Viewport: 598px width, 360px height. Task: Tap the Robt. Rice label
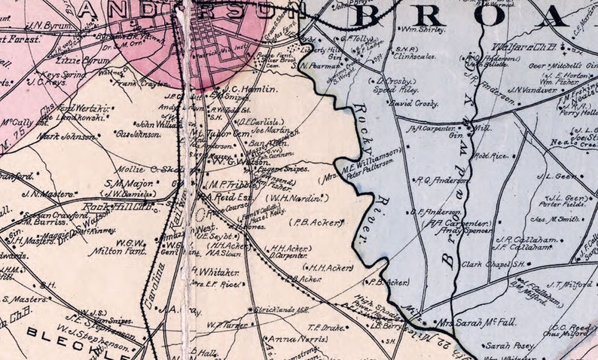click(492, 156)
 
